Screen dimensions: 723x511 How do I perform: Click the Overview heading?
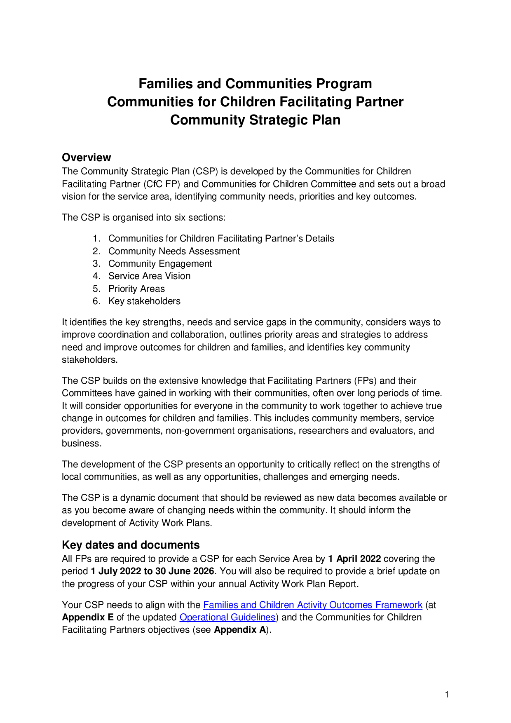point(86,157)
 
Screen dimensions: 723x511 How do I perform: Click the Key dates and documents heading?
point(131,545)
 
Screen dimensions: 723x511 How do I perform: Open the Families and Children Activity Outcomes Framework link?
point(312,605)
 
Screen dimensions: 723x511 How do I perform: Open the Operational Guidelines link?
point(227,617)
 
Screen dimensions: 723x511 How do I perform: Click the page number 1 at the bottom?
point(447,695)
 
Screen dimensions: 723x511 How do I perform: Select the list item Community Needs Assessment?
point(174,251)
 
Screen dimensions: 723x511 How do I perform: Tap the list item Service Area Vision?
point(149,276)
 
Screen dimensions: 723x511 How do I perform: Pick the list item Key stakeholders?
point(144,301)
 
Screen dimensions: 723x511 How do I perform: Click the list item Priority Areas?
point(136,289)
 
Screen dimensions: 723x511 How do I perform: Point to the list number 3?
point(96,263)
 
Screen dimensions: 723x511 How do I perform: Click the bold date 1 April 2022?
point(354,559)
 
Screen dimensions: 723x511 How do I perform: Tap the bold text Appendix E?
point(88,617)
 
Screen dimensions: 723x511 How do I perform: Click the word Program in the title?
point(344,84)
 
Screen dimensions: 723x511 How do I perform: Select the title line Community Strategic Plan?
point(255,120)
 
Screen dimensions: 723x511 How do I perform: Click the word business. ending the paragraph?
point(82,443)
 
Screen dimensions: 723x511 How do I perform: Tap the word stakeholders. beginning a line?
point(89,359)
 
